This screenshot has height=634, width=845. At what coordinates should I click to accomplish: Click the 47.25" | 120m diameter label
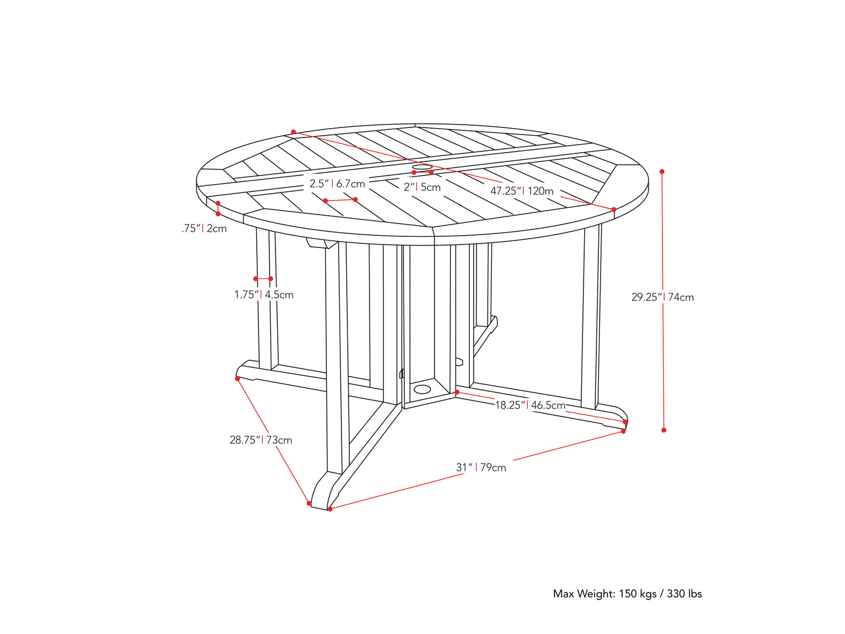(522, 191)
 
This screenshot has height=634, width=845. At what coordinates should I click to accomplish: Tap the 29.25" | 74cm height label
(663, 297)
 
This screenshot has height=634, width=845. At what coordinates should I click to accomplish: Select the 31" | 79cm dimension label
(481, 467)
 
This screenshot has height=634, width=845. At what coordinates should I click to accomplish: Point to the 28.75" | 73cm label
(261, 440)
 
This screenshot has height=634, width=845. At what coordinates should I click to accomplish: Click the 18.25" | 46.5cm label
(530, 405)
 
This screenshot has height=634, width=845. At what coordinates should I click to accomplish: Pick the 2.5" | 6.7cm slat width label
(337, 184)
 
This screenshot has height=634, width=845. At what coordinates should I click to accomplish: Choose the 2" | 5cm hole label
(422, 187)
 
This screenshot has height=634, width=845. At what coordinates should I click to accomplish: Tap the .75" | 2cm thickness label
(204, 228)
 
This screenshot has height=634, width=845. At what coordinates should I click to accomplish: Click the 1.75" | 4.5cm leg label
(264, 295)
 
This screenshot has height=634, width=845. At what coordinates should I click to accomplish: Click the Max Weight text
(627, 594)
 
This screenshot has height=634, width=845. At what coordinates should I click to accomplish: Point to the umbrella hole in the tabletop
(422, 168)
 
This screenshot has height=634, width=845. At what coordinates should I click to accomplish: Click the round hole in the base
(422, 388)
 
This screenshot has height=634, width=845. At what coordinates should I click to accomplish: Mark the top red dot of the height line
(662, 171)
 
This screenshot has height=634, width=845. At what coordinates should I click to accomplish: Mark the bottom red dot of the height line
(664, 430)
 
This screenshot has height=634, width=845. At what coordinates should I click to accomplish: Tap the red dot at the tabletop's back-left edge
(294, 132)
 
